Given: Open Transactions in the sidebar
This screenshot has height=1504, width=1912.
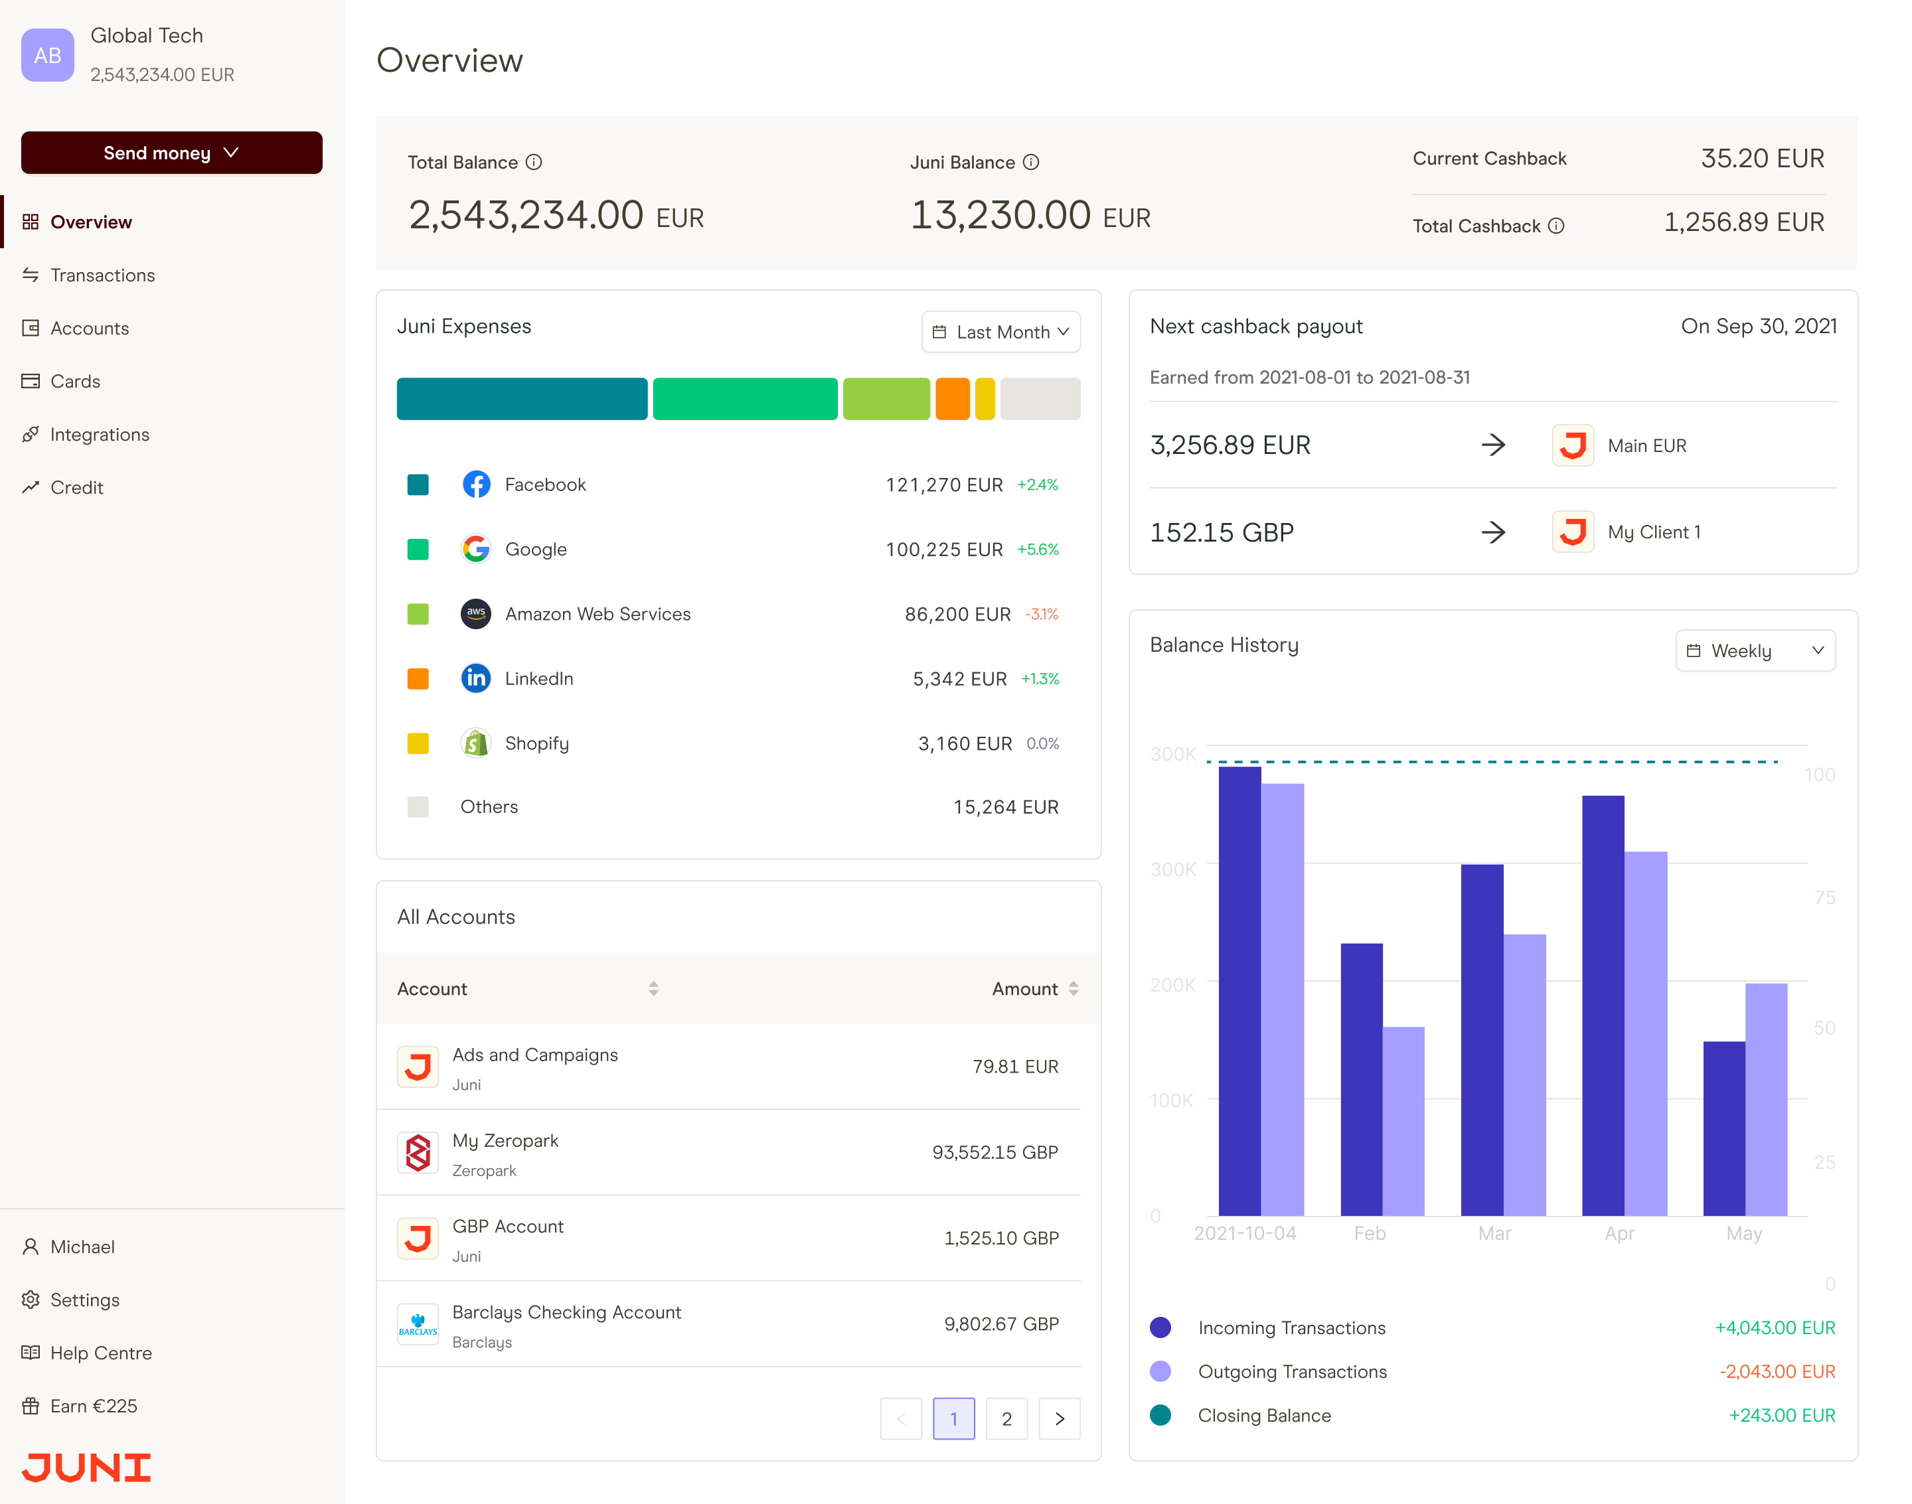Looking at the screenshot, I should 102,275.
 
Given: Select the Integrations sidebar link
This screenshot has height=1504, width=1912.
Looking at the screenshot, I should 100,434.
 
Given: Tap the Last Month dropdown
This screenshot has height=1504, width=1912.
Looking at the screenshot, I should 1000,332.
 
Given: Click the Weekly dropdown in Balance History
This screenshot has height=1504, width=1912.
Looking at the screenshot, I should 1755,650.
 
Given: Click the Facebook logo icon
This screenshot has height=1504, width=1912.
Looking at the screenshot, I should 475,485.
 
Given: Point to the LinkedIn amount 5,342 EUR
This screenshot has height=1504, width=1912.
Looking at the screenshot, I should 959,679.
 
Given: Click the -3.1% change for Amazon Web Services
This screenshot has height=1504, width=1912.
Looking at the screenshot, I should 1041,615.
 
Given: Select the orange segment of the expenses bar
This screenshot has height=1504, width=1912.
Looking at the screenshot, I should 951,399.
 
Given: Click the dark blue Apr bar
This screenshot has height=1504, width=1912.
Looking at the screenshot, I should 1602,1004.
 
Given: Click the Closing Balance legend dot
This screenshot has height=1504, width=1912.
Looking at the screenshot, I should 1160,1415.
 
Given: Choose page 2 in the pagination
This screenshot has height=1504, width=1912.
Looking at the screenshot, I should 1006,1418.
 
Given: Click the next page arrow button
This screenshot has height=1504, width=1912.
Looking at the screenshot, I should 1059,1418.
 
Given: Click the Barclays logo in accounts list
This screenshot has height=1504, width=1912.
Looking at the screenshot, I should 418,1324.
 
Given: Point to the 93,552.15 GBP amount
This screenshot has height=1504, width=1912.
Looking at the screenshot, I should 995,1153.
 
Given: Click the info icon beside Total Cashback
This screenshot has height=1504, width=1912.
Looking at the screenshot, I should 1555,226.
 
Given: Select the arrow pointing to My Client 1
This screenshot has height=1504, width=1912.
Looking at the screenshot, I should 1493,532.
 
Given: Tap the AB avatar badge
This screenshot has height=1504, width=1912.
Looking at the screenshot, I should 48,56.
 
